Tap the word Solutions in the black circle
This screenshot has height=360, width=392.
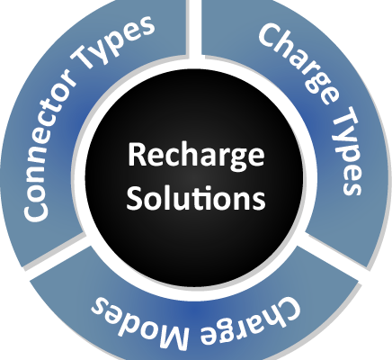click(196, 197)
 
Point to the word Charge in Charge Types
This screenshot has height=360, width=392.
click(298, 64)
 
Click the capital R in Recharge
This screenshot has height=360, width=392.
click(137, 155)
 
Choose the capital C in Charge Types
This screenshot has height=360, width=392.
click(270, 35)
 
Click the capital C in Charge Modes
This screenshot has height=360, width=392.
click(287, 310)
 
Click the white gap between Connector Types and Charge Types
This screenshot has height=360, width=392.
click(194, 29)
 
